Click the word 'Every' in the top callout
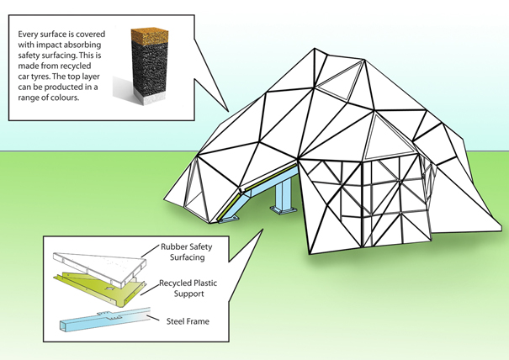point(30,34)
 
